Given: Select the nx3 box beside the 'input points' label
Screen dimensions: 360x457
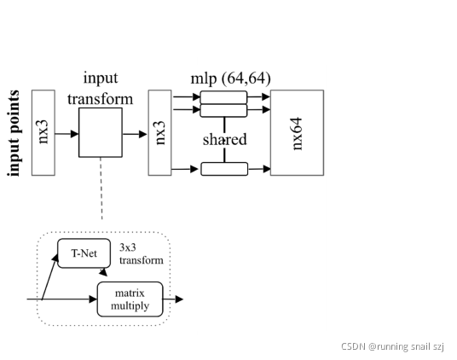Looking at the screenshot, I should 43,132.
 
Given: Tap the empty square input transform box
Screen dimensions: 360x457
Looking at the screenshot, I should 101,132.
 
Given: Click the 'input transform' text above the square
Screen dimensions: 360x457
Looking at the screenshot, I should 107,88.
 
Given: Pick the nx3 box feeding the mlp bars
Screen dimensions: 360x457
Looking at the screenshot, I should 159,132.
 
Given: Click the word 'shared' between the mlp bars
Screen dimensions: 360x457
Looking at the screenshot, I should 224,139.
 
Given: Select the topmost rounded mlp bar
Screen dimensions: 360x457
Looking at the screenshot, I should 224,96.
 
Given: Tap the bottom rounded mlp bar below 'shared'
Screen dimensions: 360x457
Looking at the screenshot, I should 224,169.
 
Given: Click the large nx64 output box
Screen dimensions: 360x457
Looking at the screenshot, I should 297,132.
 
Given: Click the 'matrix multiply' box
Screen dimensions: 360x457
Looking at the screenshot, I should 130,299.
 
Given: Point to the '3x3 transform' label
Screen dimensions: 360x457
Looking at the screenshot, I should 141,254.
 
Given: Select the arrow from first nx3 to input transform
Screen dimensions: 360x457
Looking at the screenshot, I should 67,134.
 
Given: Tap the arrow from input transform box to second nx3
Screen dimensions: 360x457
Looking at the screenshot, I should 136,134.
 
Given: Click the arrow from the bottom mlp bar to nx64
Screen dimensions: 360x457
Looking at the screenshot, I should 259,169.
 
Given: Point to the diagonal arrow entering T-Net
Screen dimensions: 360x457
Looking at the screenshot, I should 49,273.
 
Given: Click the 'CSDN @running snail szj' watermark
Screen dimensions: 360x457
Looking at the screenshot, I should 392,346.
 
